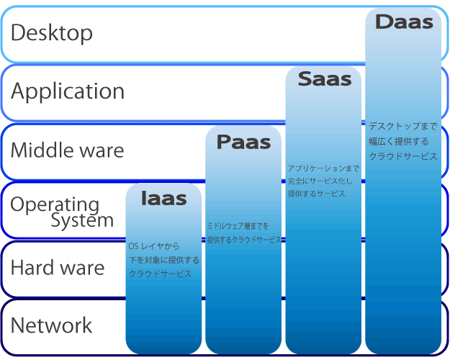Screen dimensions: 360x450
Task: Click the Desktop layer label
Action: point(52,32)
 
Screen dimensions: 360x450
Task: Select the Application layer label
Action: point(68,91)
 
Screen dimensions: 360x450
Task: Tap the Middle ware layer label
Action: point(67,150)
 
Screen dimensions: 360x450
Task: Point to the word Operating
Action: point(55,204)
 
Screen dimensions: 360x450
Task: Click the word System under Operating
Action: point(82,220)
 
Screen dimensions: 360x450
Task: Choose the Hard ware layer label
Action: point(58,268)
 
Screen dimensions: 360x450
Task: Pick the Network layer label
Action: point(52,325)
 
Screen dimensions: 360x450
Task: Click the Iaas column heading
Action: point(163,198)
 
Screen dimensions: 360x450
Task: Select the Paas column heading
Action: point(243,142)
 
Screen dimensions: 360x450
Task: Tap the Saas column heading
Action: point(324,78)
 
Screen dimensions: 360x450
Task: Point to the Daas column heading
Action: point(404,22)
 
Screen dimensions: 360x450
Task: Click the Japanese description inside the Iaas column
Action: point(163,260)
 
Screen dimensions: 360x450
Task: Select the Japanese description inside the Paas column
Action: point(243,233)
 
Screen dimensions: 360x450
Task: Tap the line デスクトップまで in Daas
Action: point(398,125)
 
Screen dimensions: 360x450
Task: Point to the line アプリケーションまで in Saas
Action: point(323,168)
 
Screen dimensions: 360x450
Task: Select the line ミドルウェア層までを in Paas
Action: point(238,226)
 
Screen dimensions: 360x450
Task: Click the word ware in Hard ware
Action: point(81,268)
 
